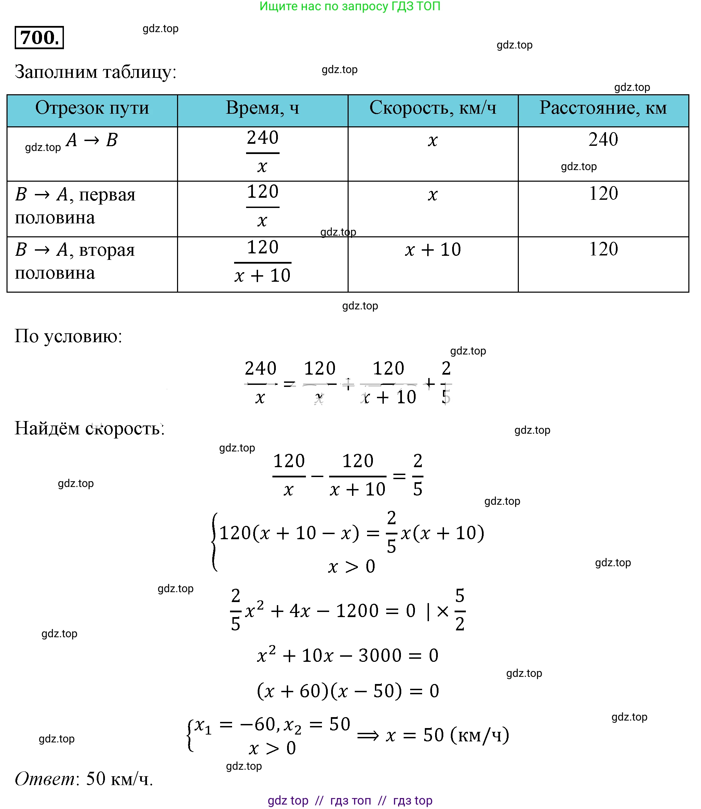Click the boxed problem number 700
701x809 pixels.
click(39, 38)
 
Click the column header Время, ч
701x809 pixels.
click(262, 108)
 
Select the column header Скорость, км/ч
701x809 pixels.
click(433, 108)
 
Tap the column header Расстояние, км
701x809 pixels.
click(603, 108)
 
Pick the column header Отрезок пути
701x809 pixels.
click(92, 108)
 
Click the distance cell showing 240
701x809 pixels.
click(603, 140)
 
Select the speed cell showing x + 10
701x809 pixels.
click(433, 249)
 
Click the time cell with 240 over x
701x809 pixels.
click(262, 152)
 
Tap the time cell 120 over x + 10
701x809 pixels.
click(262, 262)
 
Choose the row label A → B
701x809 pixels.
click(92, 140)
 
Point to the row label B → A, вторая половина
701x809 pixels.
click(75, 261)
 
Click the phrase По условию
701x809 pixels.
click(68, 336)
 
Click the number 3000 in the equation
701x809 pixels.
click(380, 655)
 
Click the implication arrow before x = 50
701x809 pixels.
click(368, 736)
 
